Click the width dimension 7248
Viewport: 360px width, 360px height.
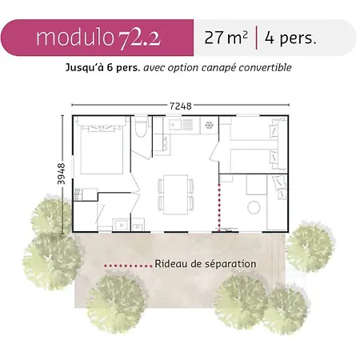181,106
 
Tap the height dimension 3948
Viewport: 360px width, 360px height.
61,174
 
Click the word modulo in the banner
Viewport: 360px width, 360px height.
75,38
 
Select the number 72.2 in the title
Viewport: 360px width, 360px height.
139,39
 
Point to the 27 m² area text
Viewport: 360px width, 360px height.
226,38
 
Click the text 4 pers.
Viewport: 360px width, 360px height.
290,38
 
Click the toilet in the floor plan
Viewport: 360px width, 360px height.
141,126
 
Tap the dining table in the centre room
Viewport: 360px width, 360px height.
176,194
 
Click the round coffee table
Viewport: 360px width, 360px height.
254,207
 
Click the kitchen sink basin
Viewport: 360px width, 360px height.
175,125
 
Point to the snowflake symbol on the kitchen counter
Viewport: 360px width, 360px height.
210,125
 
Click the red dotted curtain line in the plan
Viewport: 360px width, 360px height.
219,207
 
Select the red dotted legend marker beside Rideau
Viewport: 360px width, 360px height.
128,266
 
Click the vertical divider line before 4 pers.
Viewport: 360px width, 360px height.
256,38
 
